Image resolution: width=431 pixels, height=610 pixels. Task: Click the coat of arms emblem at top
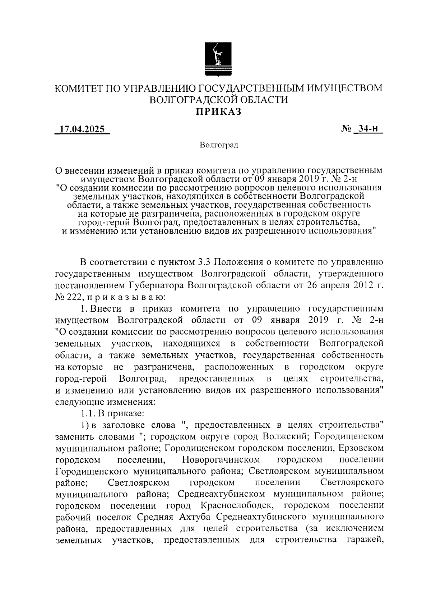coord(218,59)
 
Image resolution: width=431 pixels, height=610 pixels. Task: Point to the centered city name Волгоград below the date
coord(219,145)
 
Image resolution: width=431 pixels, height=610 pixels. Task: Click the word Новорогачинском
coord(221,460)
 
